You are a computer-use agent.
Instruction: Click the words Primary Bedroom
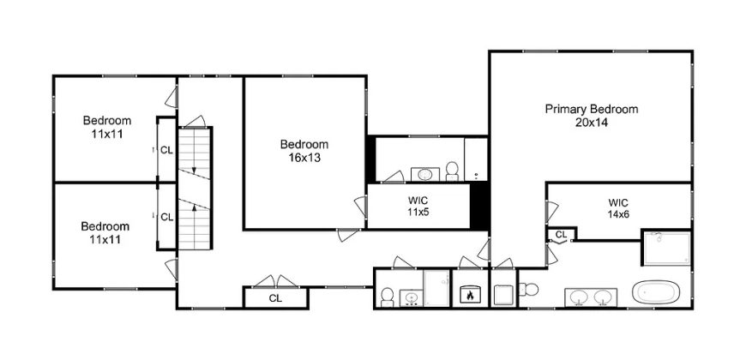point(592,110)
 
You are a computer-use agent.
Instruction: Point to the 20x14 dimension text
point(592,123)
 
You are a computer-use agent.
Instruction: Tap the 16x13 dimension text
point(304,158)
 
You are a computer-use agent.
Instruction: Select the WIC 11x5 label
point(418,206)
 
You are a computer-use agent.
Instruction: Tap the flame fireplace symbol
point(470,294)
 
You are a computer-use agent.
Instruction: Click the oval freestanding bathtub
point(656,291)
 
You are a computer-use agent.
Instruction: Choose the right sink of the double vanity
point(603,297)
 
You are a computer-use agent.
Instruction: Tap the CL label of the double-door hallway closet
point(275,298)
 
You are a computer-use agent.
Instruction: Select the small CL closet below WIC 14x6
point(562,234)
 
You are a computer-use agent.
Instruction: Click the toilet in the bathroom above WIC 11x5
point(452,171)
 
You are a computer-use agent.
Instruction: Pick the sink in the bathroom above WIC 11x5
point(424,175)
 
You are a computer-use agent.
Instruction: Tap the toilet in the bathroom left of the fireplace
point(388,297)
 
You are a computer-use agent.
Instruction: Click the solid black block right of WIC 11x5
point(479,206)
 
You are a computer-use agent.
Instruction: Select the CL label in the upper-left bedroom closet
point(166,150)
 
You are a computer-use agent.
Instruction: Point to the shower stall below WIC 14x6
point(666,248)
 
